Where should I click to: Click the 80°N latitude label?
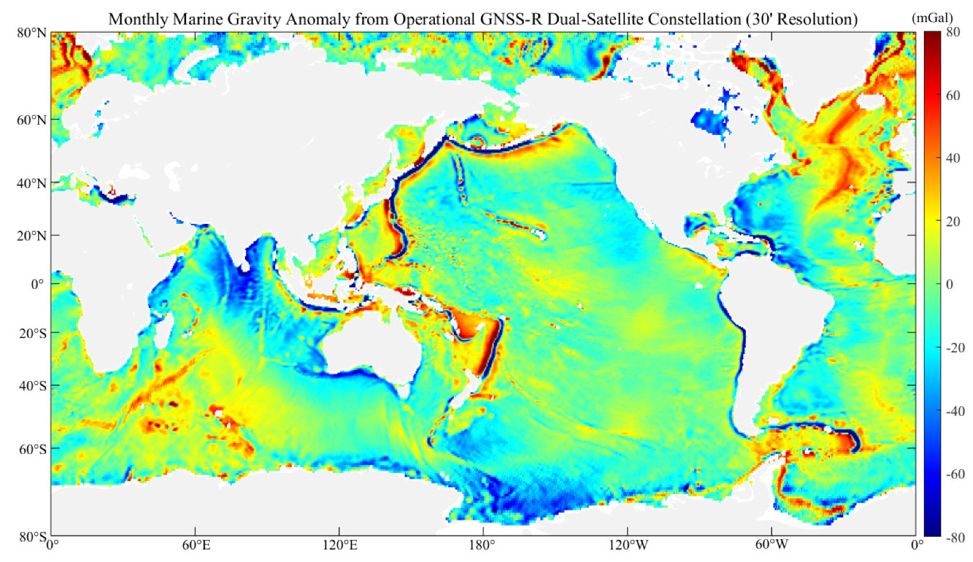[31, 33]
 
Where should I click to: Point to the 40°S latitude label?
[33, 386]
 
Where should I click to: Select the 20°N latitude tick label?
[31, 236]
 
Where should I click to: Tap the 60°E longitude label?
[195, 545]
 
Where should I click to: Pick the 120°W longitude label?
[628, 545]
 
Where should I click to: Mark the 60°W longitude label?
[772, 545]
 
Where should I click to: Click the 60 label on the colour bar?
[953, 96]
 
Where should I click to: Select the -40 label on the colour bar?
[954, 412]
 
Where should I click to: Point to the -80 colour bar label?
[954, 538]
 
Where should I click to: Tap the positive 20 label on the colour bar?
[953, 222]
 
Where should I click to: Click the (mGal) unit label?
[932, 18]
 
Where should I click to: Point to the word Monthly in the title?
[138, 20]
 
